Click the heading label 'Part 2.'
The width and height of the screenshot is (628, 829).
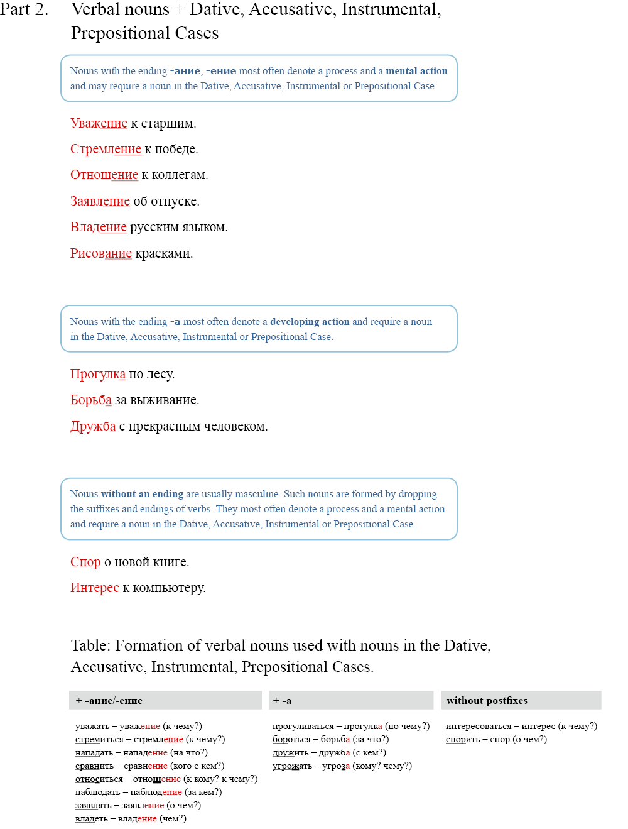pyautogui.click(x=24, y=10)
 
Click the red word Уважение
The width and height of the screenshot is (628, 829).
pyautogui.click(x=99, y=123)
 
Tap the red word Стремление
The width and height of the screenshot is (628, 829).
pyautogui.click(x=106, y=149)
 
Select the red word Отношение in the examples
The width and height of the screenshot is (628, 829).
pyautogui.click(x=104, y=175)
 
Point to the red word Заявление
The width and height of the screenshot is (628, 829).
pyautogui.click(x=100, y=201)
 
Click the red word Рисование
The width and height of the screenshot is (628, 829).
pyautogui.click(x=100, y=253)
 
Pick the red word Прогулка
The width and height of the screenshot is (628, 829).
pyautogui.click(x=97, y=374)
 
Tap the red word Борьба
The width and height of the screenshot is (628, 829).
pyautogui.click(x=90, y=400)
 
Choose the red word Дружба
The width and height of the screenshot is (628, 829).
pyautogui.click(x=92, y=426)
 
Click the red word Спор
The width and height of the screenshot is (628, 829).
pyautogui.click(x=85, y=562)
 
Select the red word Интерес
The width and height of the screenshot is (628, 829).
pyautogui.click(x=94, y=588)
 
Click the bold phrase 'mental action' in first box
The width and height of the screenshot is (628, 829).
pyautogui.click(x=416, y=71)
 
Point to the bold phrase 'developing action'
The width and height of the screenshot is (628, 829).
pyautogui.click(x=310, y=322)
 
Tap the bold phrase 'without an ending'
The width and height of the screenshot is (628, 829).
pyautogui.click(x=142, y=494)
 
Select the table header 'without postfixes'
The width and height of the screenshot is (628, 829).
pyautogui.click(x=487, y=701)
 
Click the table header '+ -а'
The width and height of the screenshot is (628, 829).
pyautogui.click(x=282, y=701)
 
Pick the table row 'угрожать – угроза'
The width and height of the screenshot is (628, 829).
pyautogui.click(x=342, y=766)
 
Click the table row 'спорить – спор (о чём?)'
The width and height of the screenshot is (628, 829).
pyautogui.click(x=496, y=739)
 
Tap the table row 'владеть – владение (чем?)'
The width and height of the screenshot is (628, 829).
pyautogui.click(x=131, y=818)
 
